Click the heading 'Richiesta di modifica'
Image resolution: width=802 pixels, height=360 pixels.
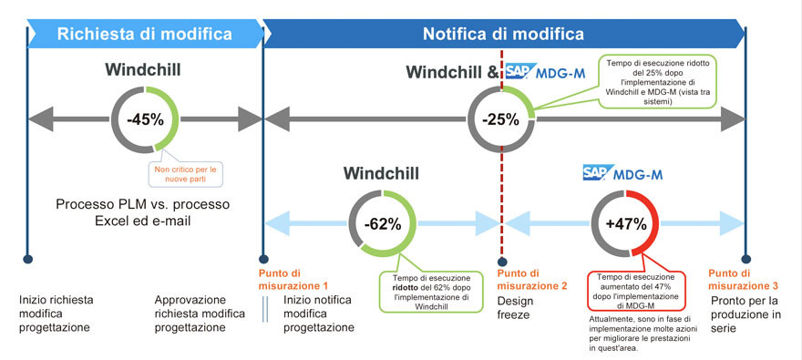144,34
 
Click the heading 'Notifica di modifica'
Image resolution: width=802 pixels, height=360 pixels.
503,34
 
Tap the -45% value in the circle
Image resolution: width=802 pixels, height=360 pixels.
143,118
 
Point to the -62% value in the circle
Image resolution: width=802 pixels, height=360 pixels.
382,224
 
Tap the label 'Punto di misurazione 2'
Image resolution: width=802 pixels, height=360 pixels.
531,279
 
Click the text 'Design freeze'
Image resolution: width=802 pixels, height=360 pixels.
516,306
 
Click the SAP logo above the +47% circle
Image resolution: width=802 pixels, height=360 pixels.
596,172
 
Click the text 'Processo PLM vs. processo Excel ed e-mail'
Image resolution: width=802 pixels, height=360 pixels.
143,211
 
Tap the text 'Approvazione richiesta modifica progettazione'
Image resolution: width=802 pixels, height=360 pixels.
201,313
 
